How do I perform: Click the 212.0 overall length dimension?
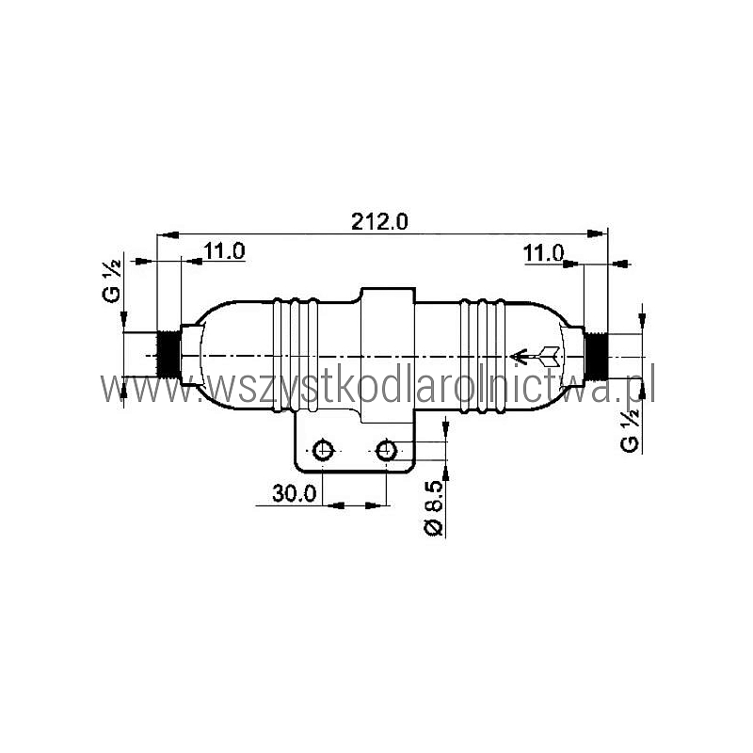tap(379, 222)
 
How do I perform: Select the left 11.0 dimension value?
tap(224, 250)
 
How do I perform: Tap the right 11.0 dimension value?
tap(543, 253)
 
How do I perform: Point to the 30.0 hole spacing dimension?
tap(295, 493)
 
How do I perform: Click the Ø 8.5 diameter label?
tap(434, 508)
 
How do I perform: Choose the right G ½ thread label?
tap(630, 430)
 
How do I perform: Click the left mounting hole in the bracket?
tap(323, 451)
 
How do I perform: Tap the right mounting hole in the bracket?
tap(386, 451)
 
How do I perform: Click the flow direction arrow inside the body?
tap(535, 356)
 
